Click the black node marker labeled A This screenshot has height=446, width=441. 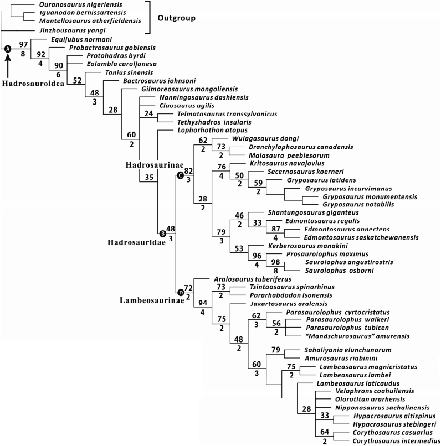(x=8, y=49)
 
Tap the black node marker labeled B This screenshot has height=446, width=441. (x=162, y=234)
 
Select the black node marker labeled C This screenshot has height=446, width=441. (x=180, y=175)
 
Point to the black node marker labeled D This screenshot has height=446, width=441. (x=180, y=292)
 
